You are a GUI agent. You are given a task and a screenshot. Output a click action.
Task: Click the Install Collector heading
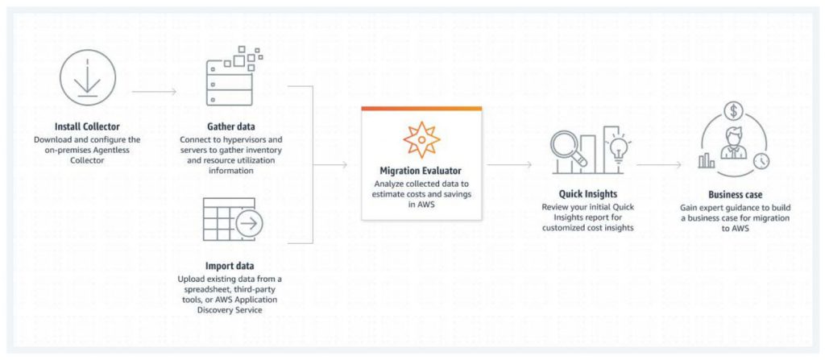[x=87, y=126]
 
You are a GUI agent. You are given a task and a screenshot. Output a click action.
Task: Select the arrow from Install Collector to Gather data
[x=154, y=92]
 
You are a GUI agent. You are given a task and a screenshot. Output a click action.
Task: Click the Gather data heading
[x=231, y=126]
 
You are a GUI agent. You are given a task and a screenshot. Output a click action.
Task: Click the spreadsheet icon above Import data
[x=232, y=220]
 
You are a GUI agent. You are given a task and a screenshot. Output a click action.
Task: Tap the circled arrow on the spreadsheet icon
[x=250, y=224]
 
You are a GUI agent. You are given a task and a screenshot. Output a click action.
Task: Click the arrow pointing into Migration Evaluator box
[x=330, y=165]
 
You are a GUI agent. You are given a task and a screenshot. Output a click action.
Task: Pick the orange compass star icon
[x=421, y=139]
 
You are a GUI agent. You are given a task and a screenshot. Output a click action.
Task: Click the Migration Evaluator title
[x=421, y=172]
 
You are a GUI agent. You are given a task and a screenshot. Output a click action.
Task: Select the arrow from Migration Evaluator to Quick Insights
[x=509, y=165]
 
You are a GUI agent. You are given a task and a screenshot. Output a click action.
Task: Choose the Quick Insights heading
[x=587, y=194]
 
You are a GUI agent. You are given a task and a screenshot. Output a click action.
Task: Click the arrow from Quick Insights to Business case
[x=659, y=165]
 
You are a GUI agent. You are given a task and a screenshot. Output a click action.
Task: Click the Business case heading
[x=735, y=195]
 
